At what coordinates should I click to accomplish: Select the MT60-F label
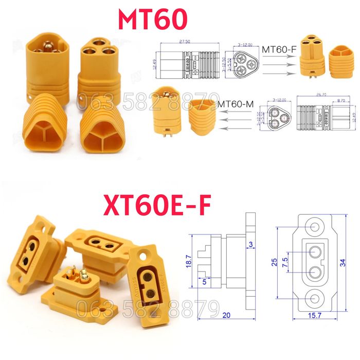[279, 49]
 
